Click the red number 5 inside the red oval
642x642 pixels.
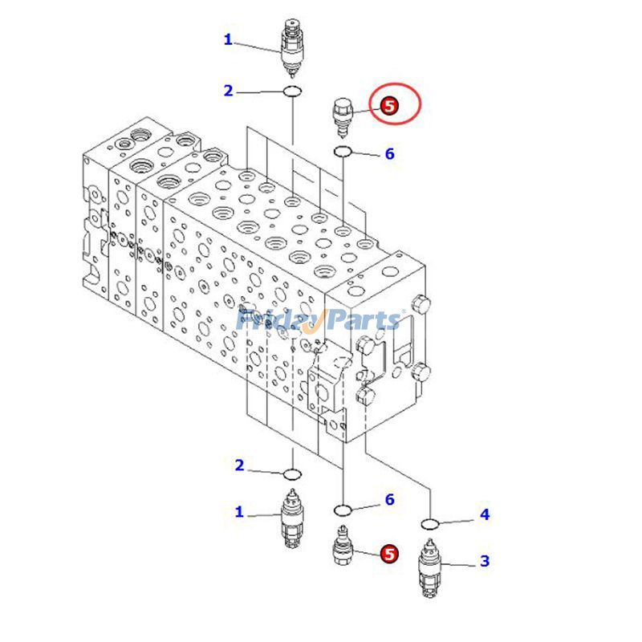click(389, 105)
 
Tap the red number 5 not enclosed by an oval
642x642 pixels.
click(389, 553)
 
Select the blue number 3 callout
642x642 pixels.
click(485, 561)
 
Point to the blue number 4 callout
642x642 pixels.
click(485, 514)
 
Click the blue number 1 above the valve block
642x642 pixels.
click(228, 39)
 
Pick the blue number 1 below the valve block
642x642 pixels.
click(239, 512)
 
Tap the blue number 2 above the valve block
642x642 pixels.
click(228, 91)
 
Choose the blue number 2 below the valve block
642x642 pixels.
click(239, 465)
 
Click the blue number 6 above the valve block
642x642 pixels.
click(390, 153)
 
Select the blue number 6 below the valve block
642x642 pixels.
click(389, 500)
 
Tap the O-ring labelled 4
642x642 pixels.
click(430, 525)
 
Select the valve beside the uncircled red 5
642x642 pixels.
click(343, 548)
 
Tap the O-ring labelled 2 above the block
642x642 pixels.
click(292, 93)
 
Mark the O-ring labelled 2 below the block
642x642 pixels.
click(292, 473)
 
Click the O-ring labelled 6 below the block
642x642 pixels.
click(343, 509)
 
